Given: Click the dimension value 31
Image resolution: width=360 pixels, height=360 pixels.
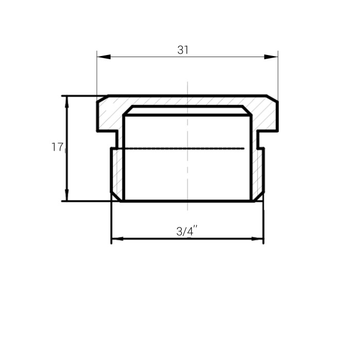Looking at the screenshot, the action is click(183, 50).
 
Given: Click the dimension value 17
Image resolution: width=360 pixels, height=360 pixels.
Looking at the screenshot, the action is click(57, 147).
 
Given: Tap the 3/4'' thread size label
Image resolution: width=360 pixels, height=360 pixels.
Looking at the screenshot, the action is click(187, 231).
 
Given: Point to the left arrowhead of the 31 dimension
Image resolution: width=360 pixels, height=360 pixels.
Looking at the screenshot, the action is click(104, 57).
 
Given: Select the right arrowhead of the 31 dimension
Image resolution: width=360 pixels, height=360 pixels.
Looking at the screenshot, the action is click(271, 57).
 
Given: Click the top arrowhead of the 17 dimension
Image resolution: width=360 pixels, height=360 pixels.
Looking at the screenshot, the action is click(67, 102).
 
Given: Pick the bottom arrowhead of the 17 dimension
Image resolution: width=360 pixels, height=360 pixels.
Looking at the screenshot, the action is click(67, 195).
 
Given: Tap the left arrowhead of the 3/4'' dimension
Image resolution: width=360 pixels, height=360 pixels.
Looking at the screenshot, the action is click(118, 239).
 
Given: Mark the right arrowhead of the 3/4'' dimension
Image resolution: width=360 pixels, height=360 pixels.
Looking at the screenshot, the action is click(258, 239).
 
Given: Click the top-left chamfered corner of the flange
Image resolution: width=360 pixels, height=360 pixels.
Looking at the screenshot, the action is click(103, 98).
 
